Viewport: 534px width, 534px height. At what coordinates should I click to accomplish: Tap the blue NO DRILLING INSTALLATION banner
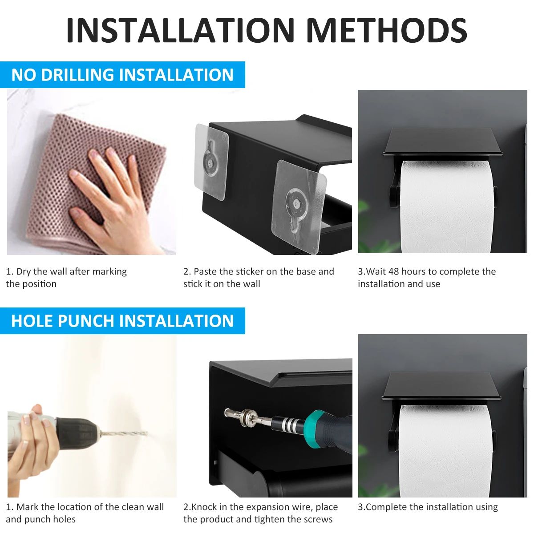pyautogui.click(x=122, y=75)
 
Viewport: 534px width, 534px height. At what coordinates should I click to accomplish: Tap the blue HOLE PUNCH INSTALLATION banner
pyautogui.click(x=122, y=321)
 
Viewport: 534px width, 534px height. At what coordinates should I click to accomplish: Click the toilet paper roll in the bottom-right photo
pyautogui.click(x=445, y=449)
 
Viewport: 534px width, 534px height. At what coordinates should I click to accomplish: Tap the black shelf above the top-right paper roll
pyautogui.click(x=443, y=142)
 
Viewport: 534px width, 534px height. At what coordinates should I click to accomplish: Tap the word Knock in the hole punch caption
pyautogui.click(x=204, y=507)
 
